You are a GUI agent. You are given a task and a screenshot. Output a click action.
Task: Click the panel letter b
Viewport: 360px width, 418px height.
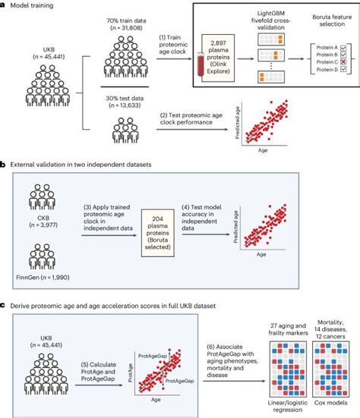tap(5, 164)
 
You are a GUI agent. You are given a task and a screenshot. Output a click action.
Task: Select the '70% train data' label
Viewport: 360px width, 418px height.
tap(128, 24)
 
